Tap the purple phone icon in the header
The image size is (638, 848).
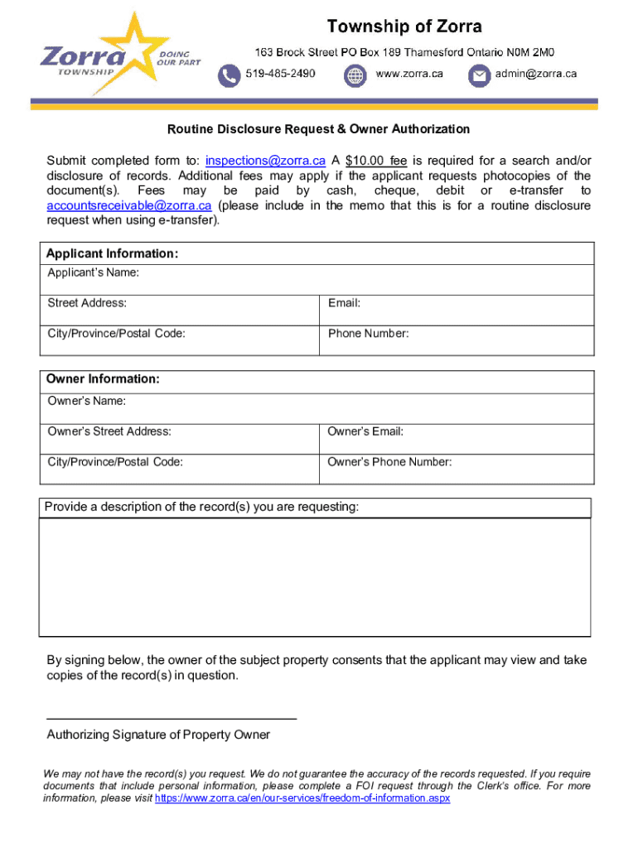(x=228, y=76)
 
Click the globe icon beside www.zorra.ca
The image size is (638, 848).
(x=355, y=76)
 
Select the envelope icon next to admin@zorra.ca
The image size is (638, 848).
(x=479, y=76)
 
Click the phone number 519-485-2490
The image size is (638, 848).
(x=280, y=74)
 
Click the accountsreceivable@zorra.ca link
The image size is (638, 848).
(x=129, y=205)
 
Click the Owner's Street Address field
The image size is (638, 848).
(x=179, y=438)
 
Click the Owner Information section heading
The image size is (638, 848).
(x=103, y=379)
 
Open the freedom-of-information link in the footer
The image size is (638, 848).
(x=302, y=799)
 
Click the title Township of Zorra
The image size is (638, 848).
(x=404, y=26)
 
